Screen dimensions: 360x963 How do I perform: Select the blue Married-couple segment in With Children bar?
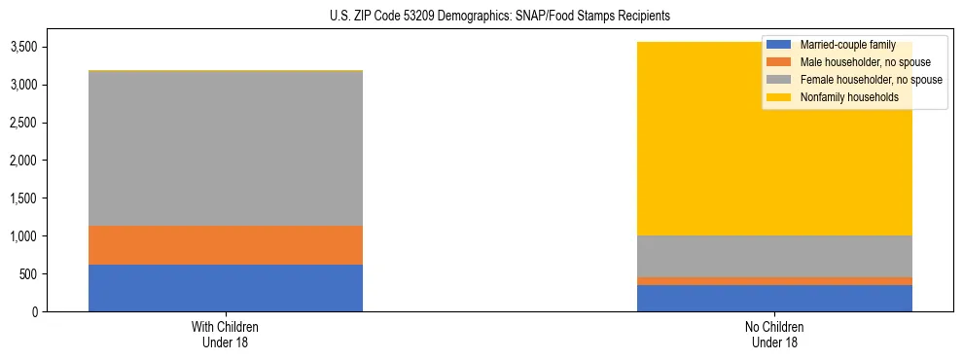[225, 288]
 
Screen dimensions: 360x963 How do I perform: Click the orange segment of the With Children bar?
[225, 245]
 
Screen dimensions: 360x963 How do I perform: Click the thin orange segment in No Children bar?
[774, 281]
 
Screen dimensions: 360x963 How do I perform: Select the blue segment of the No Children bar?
[774, 298]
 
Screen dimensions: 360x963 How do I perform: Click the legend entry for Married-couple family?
[846, 45]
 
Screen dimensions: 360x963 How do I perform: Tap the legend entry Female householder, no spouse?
[870, 80]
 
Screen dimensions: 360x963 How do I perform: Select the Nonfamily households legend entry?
[849, 97]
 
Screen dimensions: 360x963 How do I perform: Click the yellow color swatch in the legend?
[778, 97]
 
